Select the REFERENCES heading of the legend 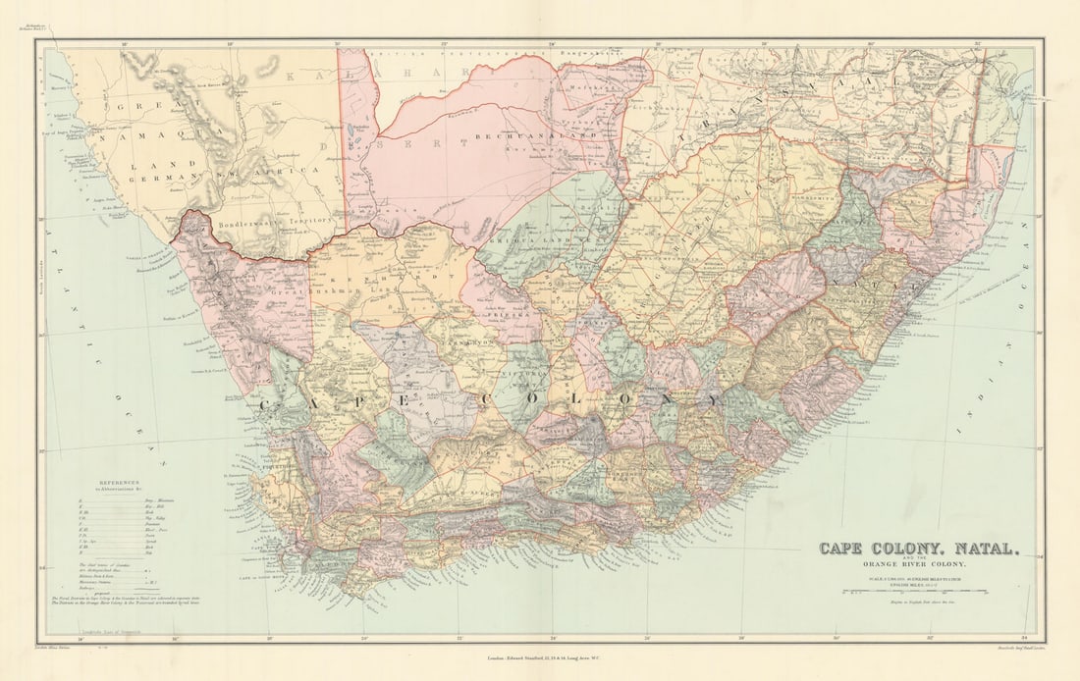(118, 483)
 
